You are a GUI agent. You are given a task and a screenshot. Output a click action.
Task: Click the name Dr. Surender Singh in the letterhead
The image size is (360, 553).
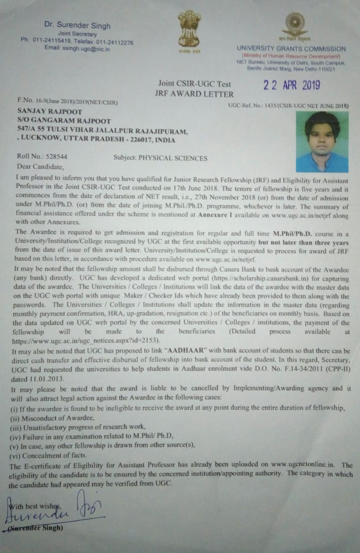[77, 25]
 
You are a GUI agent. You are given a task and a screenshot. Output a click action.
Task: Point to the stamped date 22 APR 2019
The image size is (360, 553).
[292, 85]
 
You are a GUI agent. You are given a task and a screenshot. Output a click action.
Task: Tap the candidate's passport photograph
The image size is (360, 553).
[322, 142]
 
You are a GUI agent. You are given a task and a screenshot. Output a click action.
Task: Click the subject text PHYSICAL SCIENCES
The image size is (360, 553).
[173, 158]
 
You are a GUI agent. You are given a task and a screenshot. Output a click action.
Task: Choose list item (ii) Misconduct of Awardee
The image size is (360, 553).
[52, 418]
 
